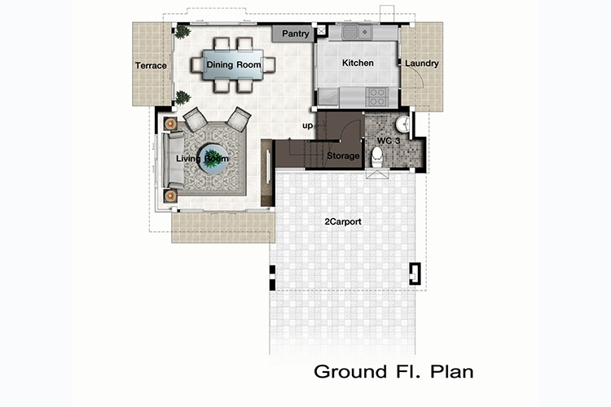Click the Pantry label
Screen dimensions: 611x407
tap(296, 34)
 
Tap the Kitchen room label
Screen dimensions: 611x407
tap(358, 63)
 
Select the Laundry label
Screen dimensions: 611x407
tap(422, 63)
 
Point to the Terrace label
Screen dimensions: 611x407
tap(151, 65)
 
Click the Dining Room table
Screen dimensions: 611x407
tap(233, 64)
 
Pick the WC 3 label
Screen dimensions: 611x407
tap(389, 141)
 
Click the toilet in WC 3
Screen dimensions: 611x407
tap(377, 156)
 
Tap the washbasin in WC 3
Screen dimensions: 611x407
tap(403, 125)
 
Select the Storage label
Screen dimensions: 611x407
tap(343, 155)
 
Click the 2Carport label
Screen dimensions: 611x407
tap(343, 221)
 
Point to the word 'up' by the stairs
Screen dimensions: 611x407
tap(307, 126)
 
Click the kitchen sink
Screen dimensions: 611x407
tap(358, 32)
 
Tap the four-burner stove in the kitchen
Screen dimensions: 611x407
tap(377, 97)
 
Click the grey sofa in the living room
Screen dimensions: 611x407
tap(173, 160)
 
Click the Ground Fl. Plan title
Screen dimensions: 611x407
tap(393, 371)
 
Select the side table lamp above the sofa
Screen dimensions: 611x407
tap(170, 124)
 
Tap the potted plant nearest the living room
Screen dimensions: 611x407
tap(182, 98)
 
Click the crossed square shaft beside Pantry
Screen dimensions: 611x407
tap(321, 30)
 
